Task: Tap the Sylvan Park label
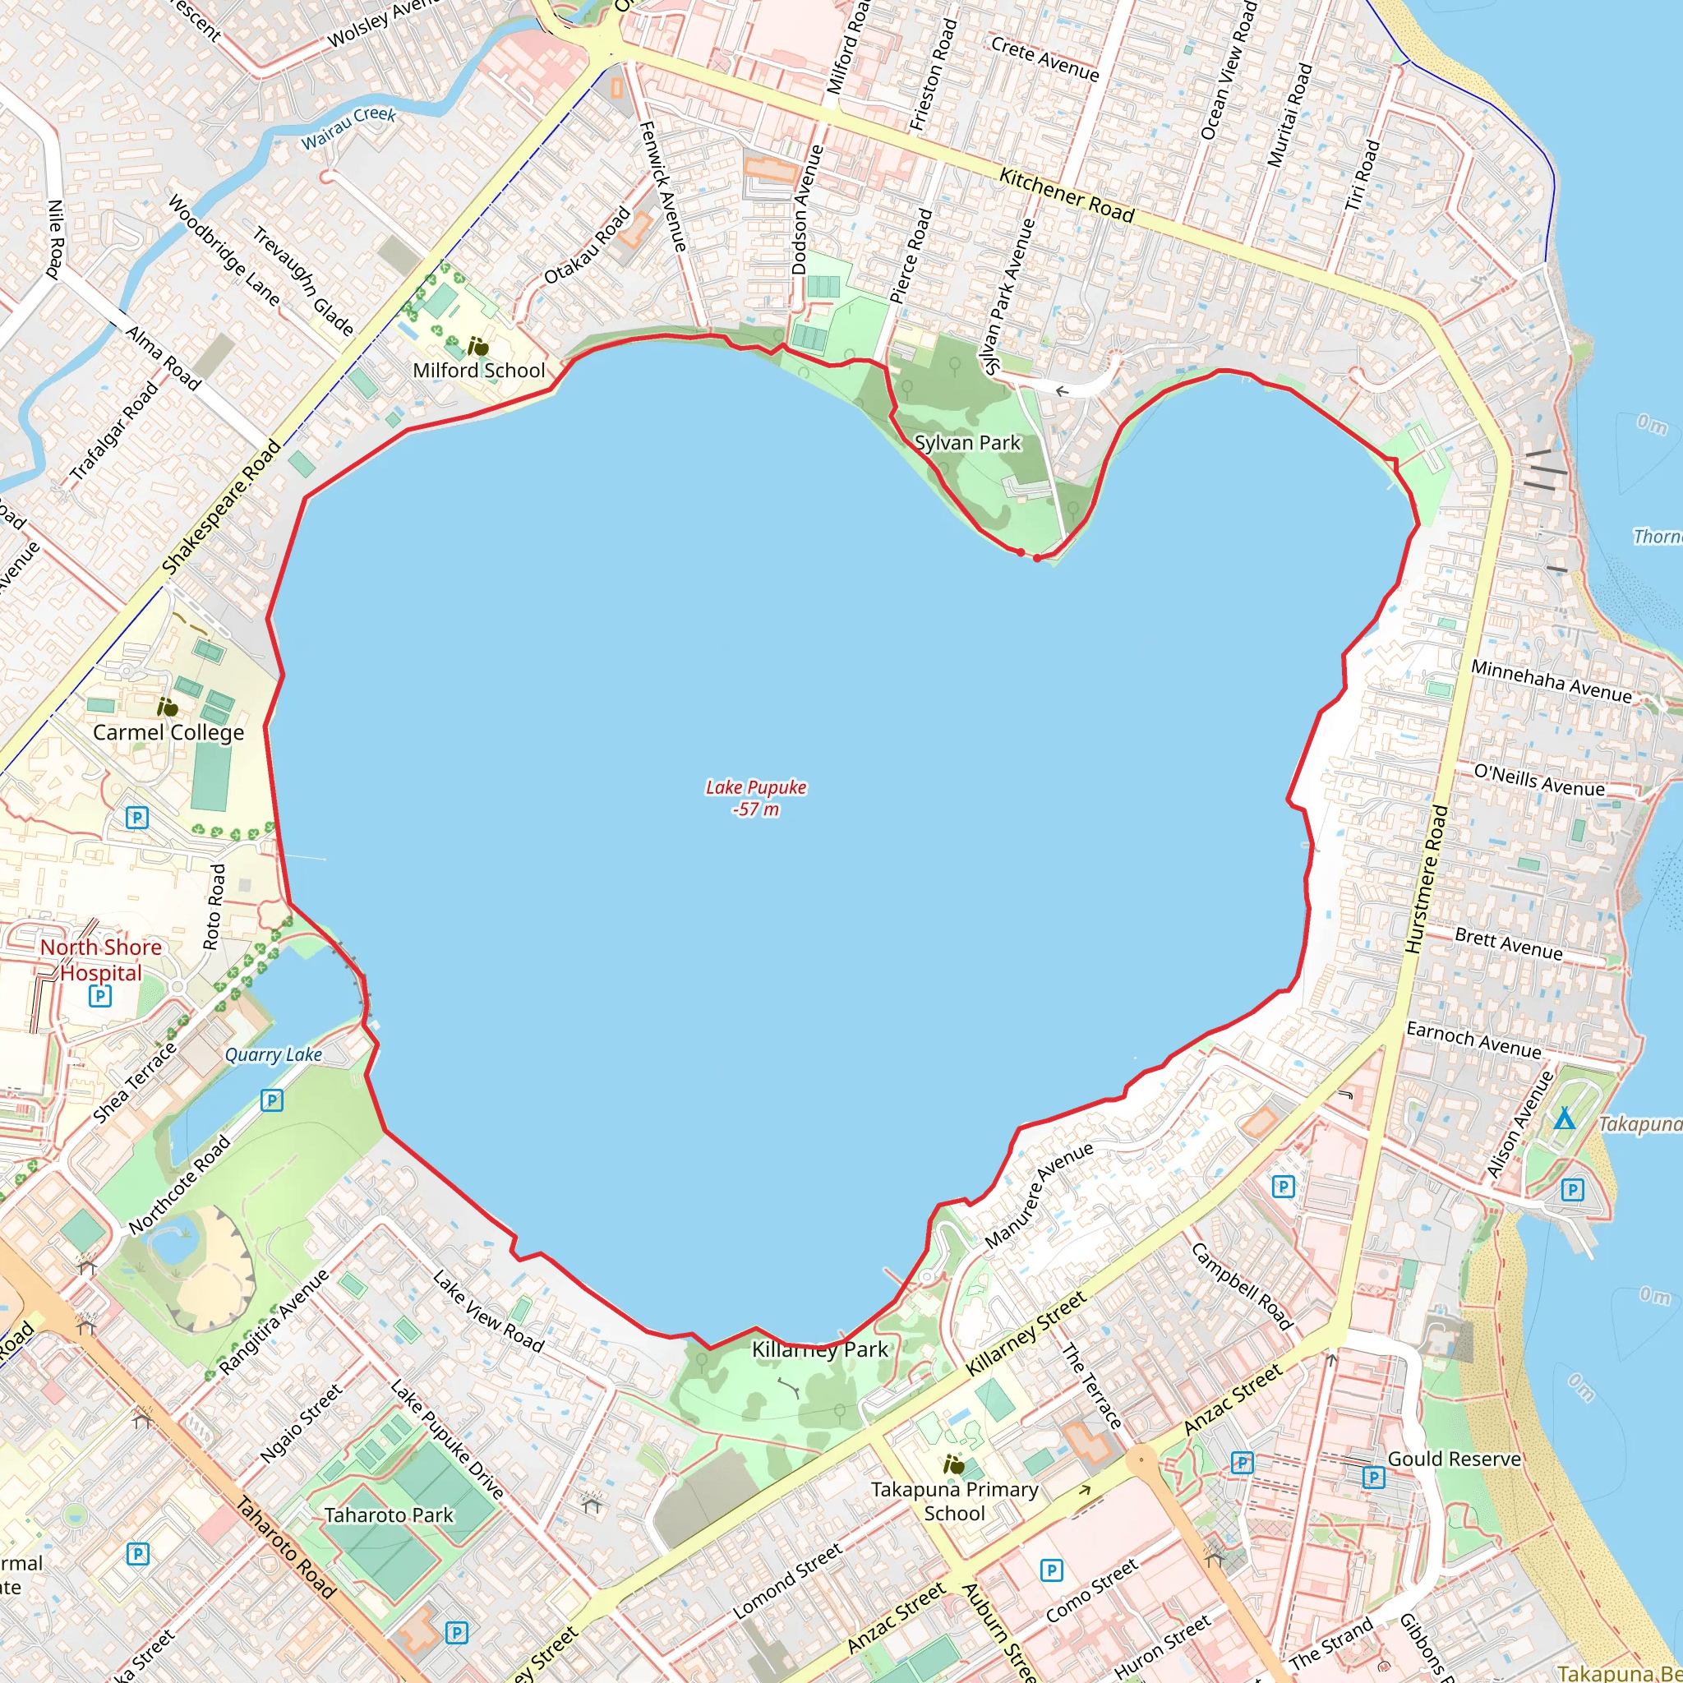[x=967, y=443]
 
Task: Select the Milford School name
[x=479, y=371]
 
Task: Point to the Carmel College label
[x=168, y=731]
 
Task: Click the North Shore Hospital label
[x=101, y=959]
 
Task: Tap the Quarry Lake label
[x=274, y=1054]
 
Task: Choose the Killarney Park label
[x=819, y=1349]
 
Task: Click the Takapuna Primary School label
[x=955, y=1501]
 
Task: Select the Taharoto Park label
[x=389, y=1515]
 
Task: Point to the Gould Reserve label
[x=1454, y=1459]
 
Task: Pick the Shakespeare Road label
[x=221, y=507]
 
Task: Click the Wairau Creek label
[x=348, y=128]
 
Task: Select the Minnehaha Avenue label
[x=1551, y=680]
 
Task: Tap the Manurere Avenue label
[x=1039, y=1195]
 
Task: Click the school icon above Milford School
[x=477, y=347]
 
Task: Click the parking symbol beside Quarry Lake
[x=272, y=1100]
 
